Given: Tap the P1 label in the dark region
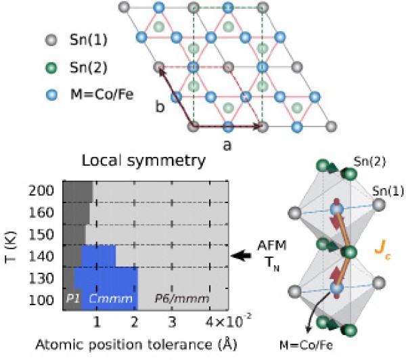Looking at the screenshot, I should point(72,298).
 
